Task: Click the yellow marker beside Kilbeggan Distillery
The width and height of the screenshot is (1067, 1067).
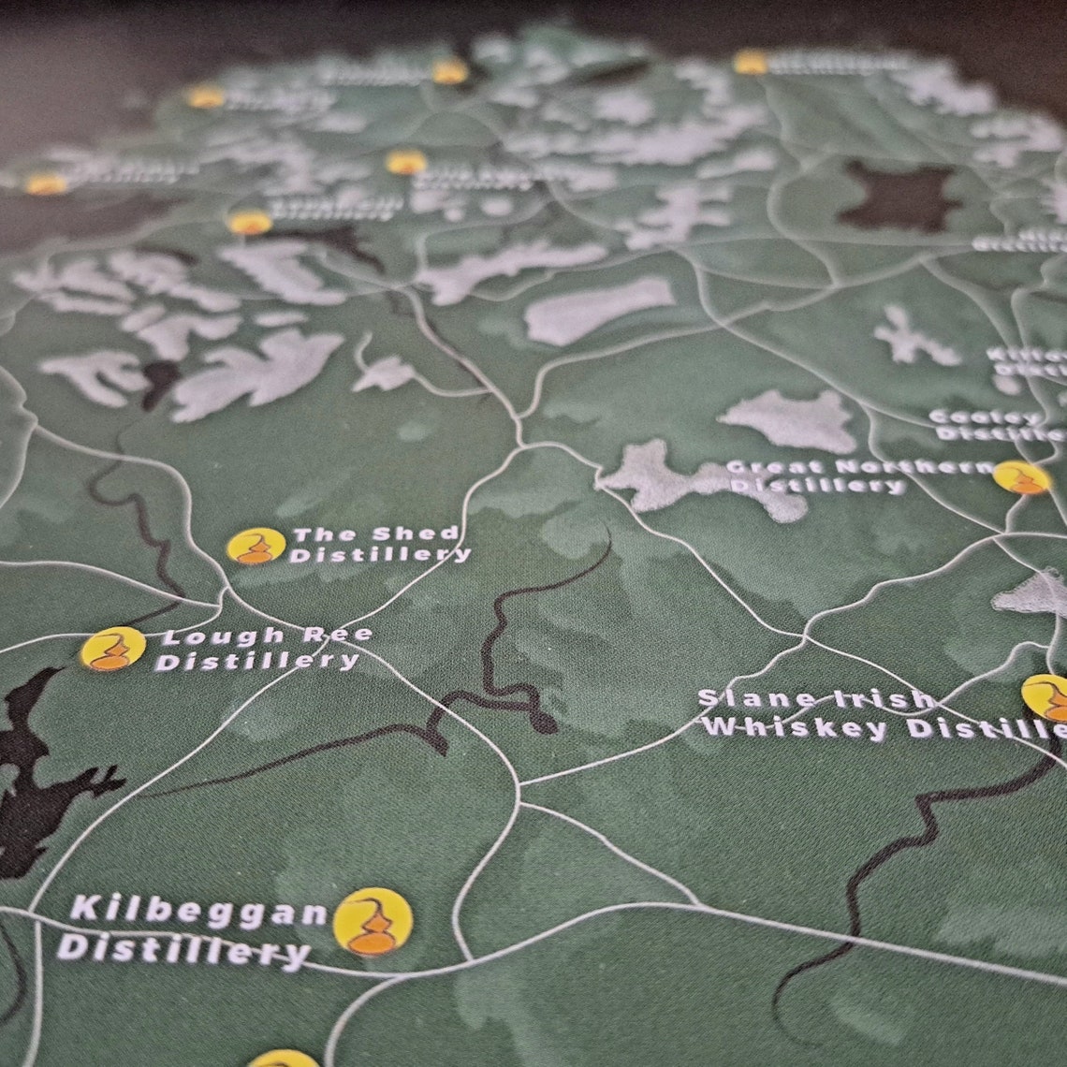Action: pos(373,921)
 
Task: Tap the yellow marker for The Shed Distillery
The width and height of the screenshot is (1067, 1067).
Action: pos(256,546)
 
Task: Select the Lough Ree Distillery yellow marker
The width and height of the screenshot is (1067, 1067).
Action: pos(113,649)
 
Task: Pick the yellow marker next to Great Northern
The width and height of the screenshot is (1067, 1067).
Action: pos(1021,477)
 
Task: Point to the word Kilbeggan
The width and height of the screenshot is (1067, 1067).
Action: pos(197,912)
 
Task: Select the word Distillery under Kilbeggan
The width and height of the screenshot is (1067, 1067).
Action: pos(183,950)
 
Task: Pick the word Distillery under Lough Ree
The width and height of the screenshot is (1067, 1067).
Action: pos(256,661)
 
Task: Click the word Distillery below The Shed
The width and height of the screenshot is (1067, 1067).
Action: pos(379,555)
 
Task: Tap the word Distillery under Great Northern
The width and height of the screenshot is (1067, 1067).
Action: pos(816,486)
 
